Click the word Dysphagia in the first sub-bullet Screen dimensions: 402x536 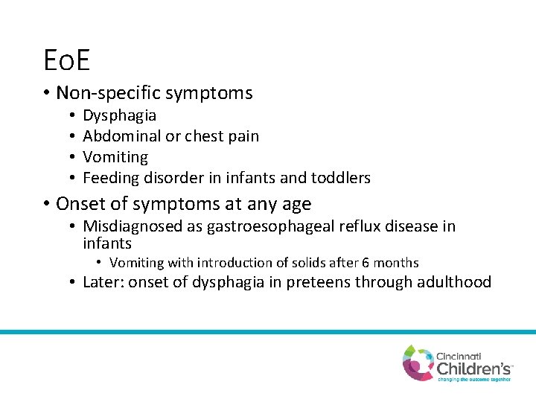click(119, 115)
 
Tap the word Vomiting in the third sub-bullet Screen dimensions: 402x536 click(115, 157)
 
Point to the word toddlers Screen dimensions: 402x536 click(342, 178)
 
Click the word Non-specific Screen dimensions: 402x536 click(108, 93)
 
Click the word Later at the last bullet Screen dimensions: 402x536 click(102, 282)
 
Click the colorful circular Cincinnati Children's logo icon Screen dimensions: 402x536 click(418, 362)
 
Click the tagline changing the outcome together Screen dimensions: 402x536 click(473, 379)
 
